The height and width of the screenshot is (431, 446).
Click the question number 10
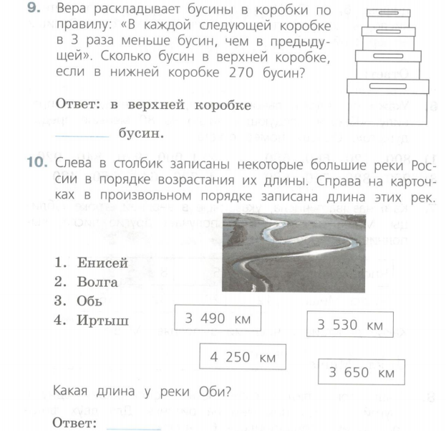[37, 165]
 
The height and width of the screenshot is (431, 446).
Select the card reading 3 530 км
[350, 325]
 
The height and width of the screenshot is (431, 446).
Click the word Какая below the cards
[73, 391]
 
